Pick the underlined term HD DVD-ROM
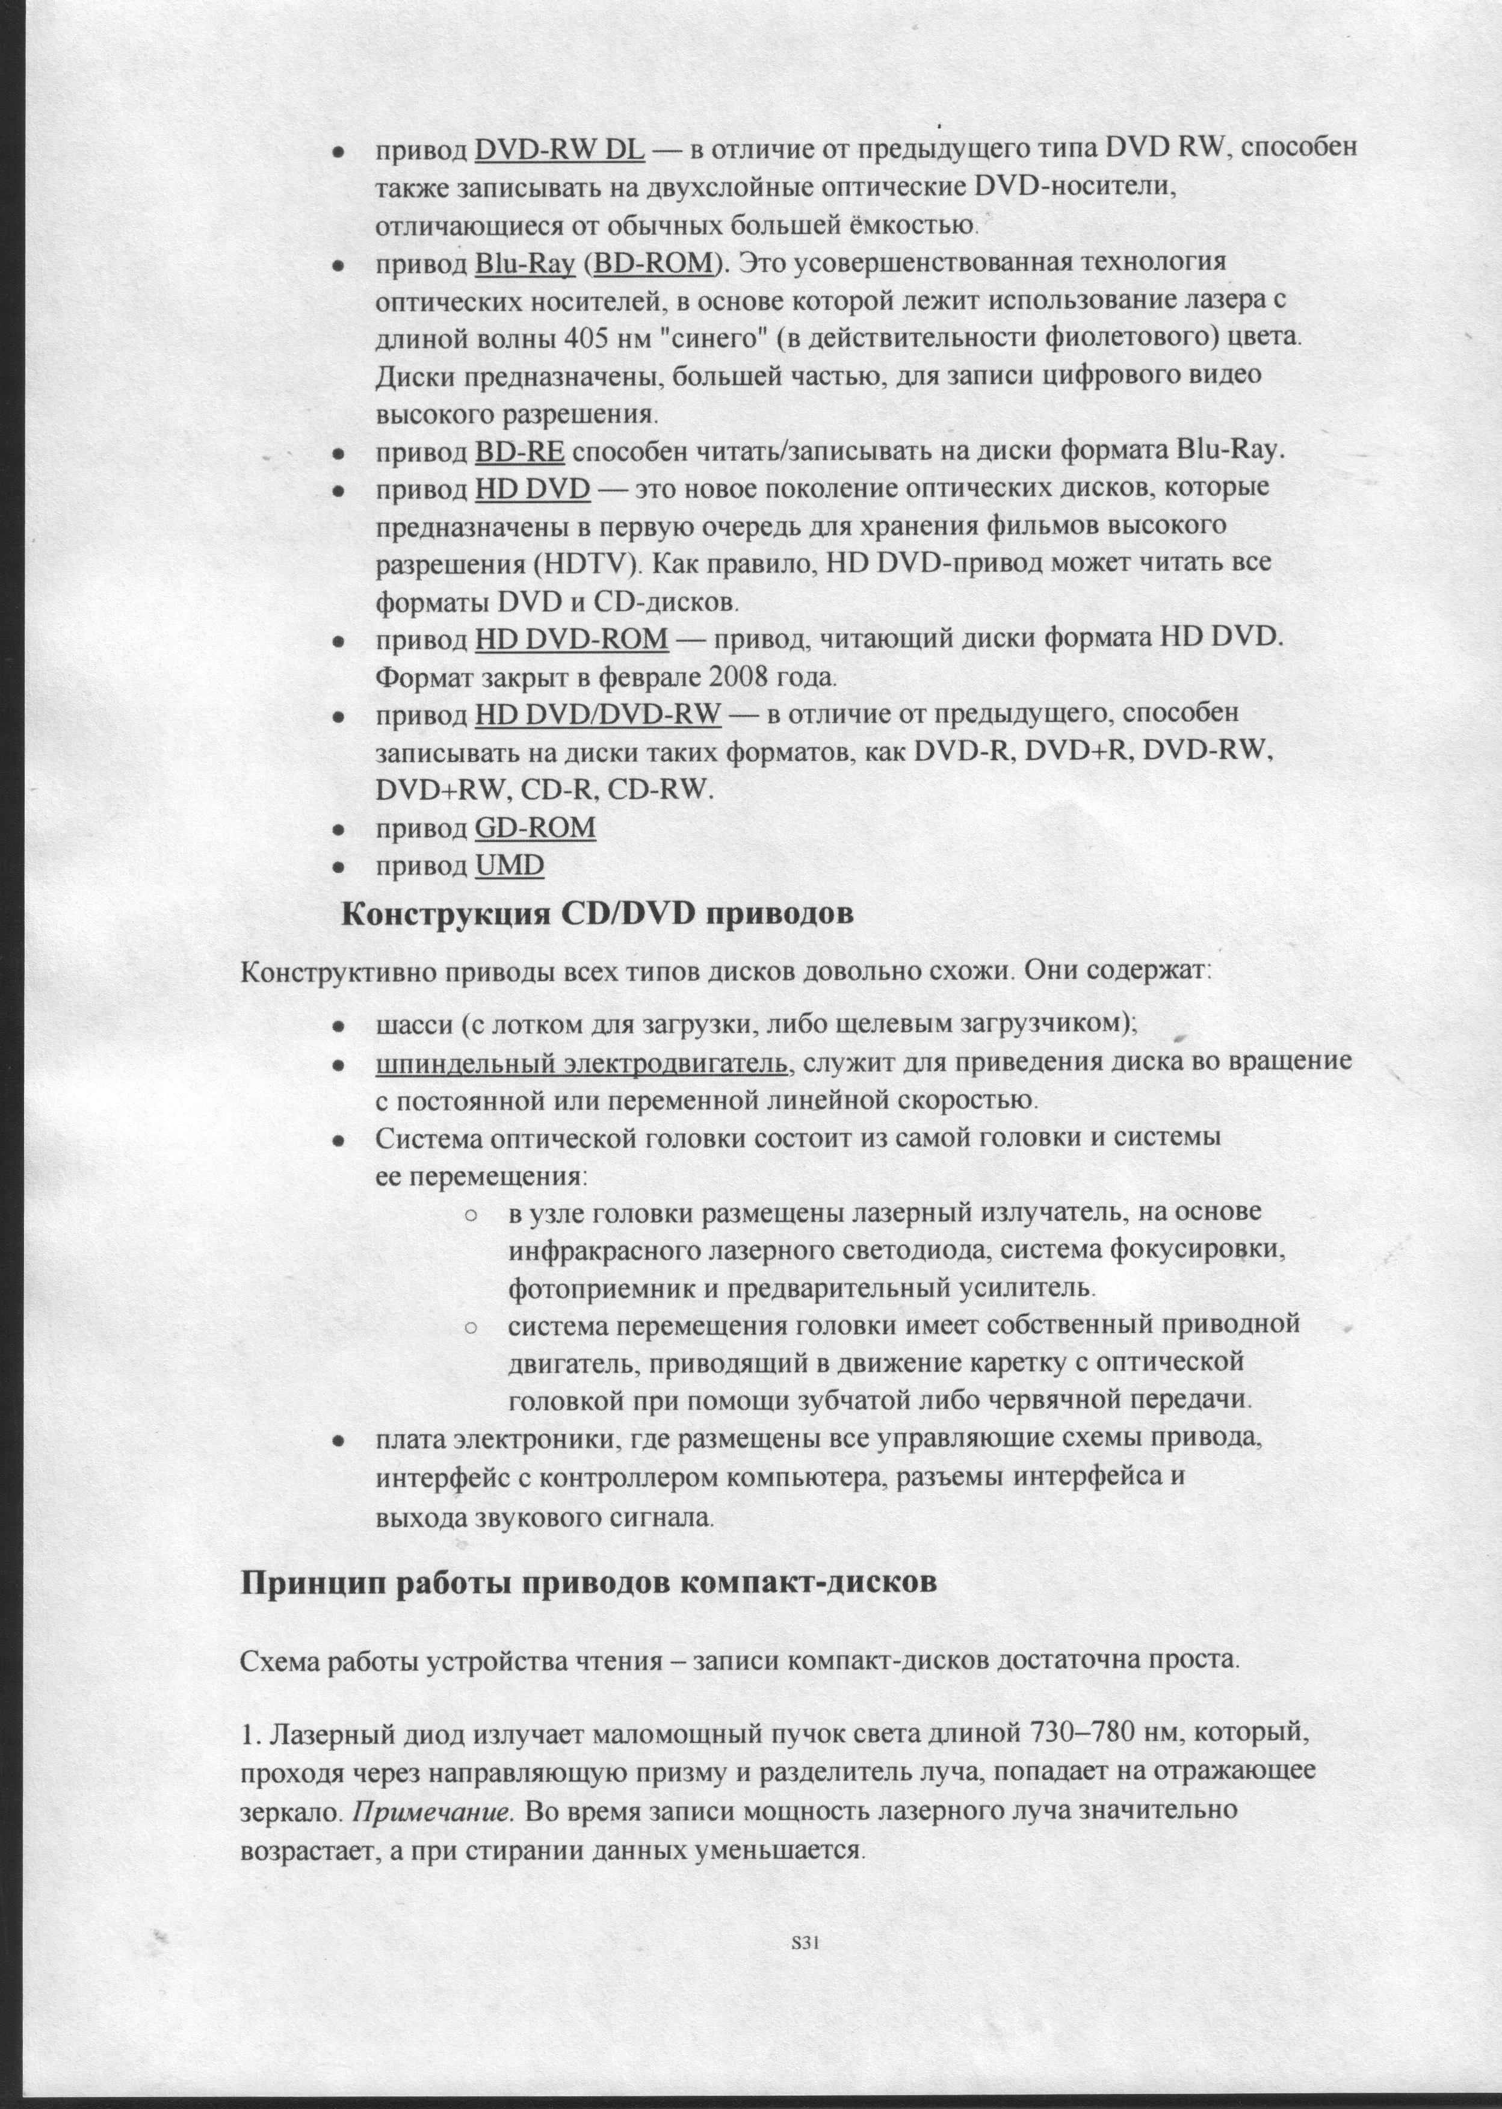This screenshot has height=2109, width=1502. click(x=572, y=639)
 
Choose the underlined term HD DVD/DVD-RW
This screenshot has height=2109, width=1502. click(x=598, y=714)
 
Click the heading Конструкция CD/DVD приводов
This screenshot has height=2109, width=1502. click(x=596, y=915)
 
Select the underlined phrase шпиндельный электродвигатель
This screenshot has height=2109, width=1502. click(x=582, y=1063)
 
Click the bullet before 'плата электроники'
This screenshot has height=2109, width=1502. click(x=339, y=1442)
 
